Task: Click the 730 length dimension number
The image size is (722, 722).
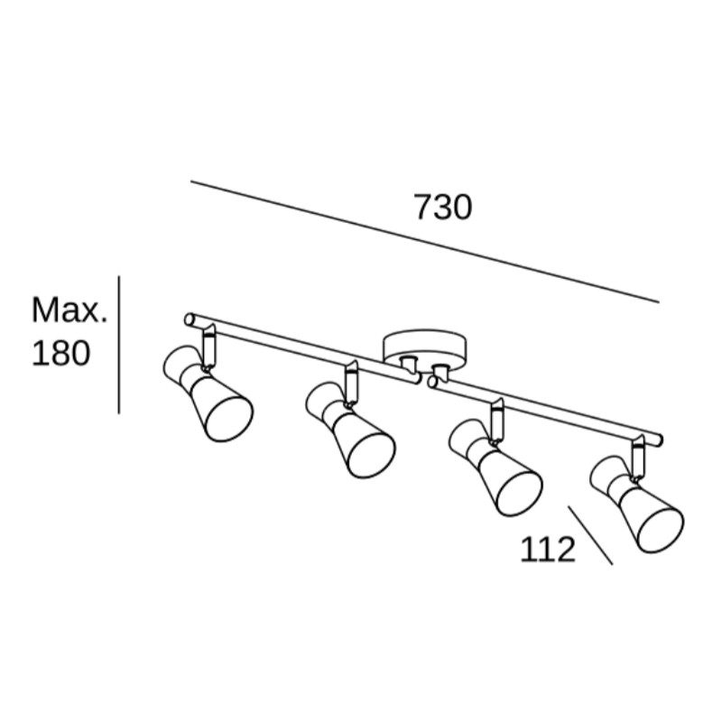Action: pos(443,208)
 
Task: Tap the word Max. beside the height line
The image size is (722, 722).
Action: pos(69,310)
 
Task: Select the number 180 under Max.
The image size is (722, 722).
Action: pos(60,353)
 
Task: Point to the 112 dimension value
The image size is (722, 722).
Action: pos(548,550)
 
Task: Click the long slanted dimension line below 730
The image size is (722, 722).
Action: pos(424,242)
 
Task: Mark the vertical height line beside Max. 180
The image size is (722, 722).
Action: pos(119,345)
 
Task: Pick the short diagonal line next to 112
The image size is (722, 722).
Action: pos(590,535)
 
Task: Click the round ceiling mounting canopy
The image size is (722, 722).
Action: pos(424,347)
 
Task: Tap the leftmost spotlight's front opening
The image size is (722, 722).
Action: pos(229,418)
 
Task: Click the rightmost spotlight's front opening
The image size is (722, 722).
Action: pos(660,530)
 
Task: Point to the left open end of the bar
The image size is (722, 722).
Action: pos(189,319)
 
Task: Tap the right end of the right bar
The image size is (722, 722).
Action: pos(660,440)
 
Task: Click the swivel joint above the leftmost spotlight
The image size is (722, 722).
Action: pos(208,346)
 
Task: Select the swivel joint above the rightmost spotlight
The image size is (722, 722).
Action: pos(638,457)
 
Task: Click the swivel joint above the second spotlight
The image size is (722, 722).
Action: pos(351,383)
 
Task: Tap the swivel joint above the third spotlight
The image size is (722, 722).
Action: pos(497,420)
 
